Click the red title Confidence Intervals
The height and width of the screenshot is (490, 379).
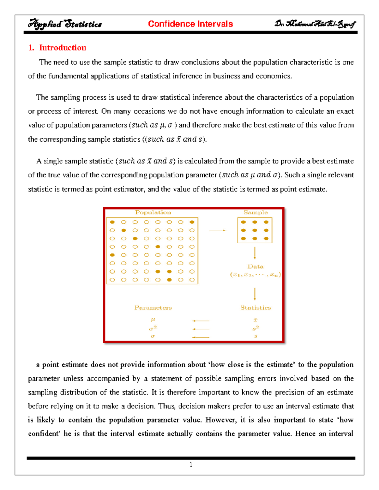(x=190, y=24)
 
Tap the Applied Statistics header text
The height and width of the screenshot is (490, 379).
(x=65, y=24)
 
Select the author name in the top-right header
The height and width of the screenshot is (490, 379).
(x=315, y=24)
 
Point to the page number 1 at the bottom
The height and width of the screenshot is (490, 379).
(x=191, y=464)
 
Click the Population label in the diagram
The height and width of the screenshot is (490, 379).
(x=153, y=212)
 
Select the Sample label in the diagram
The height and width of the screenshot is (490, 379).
(x=256, y=212)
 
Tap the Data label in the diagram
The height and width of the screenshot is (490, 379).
(x=256, y=267)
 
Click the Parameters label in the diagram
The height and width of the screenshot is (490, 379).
(x=153, y=308)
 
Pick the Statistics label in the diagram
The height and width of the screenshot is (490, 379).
(x=256, y=308)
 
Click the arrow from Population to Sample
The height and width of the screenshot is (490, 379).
(x=218, y=230)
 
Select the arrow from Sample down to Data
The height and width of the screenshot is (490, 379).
(x=255, y=253)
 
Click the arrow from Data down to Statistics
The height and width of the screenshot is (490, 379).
(x=255, y=294)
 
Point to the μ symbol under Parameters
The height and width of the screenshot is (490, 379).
(x=153, y=320)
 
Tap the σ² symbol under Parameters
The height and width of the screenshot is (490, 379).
(x=153, y=328)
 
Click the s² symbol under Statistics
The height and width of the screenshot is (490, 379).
(x=256, y=328)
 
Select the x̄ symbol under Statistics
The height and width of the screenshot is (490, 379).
(x=256, y=320)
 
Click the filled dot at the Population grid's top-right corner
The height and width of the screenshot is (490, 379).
(x=192, y=222)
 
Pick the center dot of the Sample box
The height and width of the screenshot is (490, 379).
(x=255, y=230)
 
